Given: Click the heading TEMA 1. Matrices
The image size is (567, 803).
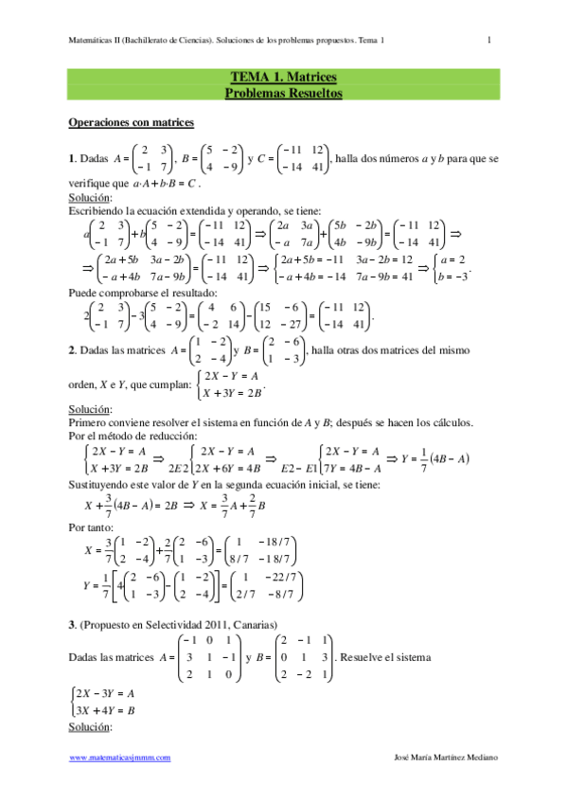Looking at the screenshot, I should click(x=283, y=77).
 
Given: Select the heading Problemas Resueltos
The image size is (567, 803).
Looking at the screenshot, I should click(x=283, y=93).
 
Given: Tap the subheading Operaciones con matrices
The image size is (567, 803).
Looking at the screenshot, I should click(x=132, y=122).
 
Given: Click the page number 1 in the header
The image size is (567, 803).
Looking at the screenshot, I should click(x=489, y=40).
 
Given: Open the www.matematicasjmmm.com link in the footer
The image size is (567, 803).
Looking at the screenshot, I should click(x=120, y=758).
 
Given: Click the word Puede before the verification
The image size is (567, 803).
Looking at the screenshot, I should click(x=84, y=294).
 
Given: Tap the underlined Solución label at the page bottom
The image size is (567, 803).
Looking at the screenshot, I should click(x=91, y=727).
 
